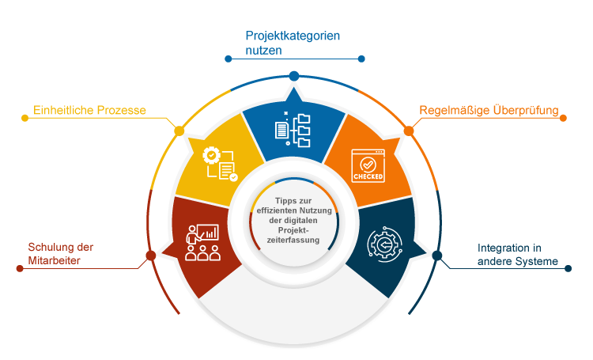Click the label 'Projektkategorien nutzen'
(x=293, y=43)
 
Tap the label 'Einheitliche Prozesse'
(x=89, y=111)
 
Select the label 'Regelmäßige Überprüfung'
(x=489, y=111)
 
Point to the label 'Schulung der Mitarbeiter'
(x=61, y=253)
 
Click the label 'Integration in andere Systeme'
(x=518, y=254)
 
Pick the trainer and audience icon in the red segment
(x=202, y=242)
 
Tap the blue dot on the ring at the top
(x=294, y=75)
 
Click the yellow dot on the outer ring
(x=179, y=130)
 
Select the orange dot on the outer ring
(x=409, y=130)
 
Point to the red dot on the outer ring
(x=150, y=256)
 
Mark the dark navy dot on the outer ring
(x=437, y=256)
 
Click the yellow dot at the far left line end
(x=25, y=118)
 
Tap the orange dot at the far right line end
(x=564, y=118)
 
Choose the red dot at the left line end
(x=20, y=268)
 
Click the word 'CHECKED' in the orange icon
(x=368, y=176)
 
